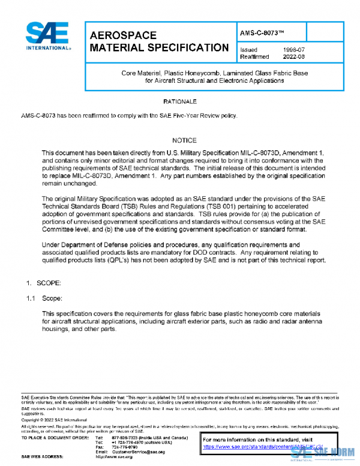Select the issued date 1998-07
click(293, 49)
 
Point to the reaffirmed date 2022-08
click(293, 57)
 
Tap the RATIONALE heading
click(180, 101)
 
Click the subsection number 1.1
click(30, 298)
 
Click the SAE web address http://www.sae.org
click(114, 457)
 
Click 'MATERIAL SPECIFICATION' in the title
click(158, 47)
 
